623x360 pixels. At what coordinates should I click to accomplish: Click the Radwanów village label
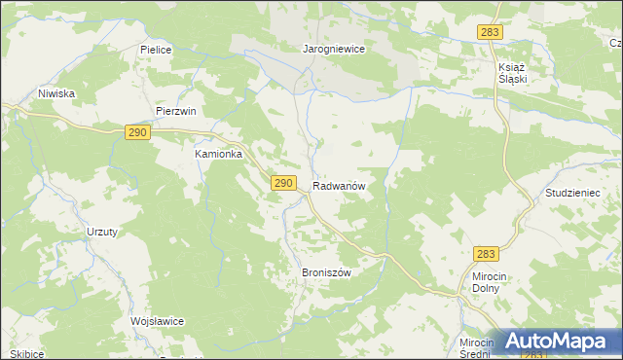pos(340,185)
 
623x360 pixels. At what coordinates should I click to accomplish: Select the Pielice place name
pos(156,48)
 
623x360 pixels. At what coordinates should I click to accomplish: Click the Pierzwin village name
pos(176,111)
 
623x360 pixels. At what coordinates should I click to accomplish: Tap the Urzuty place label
pos(101,232)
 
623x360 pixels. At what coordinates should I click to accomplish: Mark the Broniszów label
pos(326,272)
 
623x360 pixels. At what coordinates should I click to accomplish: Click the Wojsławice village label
pos(158,321)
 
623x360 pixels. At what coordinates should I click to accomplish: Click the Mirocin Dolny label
pos(480,282)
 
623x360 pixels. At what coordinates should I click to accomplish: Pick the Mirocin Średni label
pos(479,348)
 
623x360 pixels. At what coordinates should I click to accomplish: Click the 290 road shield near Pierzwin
pos(136,132)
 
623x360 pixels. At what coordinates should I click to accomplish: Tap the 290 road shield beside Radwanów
pos(283,182)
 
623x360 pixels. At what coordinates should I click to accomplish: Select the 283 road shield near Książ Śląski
pos(490,32)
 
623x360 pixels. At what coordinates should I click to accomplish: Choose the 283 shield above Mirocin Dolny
pos(487,254)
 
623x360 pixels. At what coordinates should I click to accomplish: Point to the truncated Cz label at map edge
pos(615,44)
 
